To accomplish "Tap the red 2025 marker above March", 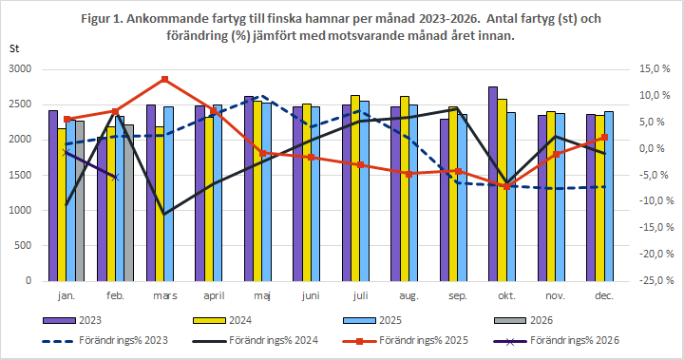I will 164,79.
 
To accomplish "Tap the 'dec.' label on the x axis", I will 604,297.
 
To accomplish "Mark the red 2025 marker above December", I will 604,138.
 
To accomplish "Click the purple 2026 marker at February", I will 115,177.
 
